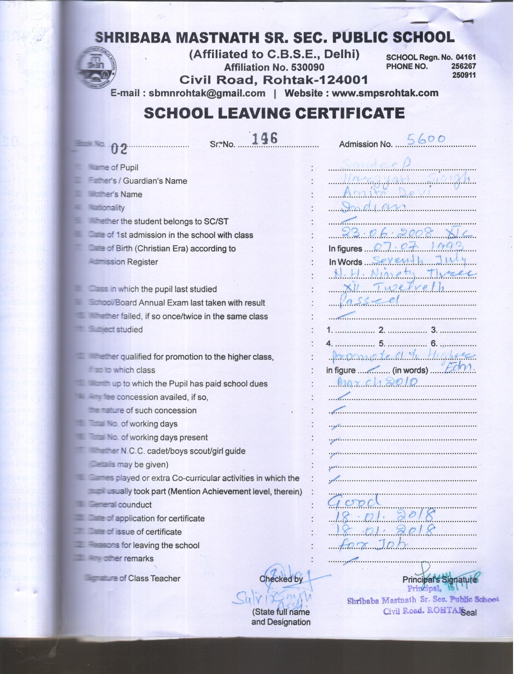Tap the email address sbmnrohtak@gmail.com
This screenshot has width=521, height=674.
click(207, 93)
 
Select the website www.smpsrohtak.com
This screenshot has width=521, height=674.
click(385, 93)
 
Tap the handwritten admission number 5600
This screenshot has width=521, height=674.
click(426, 140)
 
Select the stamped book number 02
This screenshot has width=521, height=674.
click(119, 150)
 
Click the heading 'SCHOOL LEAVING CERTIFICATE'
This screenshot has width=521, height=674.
click(274, 113)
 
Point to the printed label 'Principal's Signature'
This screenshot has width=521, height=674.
click(439, 580)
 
